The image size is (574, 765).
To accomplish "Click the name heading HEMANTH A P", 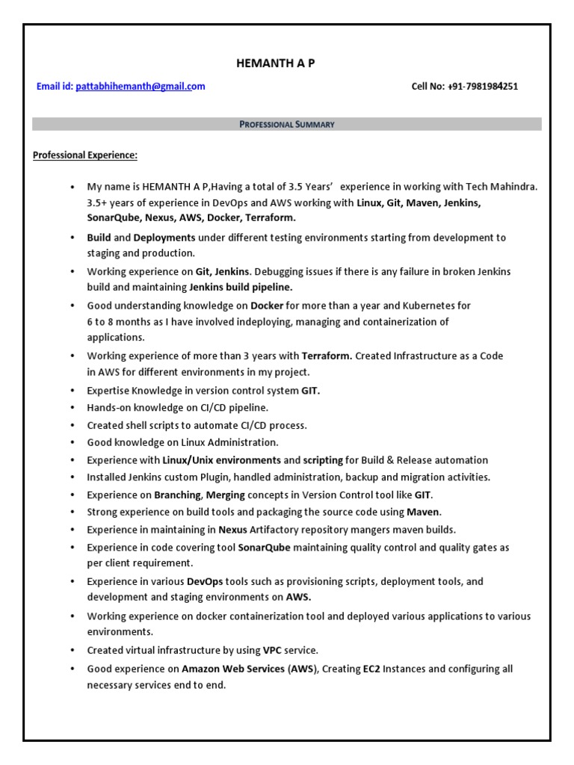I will [x=275, y=64].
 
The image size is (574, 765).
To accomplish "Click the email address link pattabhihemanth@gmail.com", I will [x=140, y=87].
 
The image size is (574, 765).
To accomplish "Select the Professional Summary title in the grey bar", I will [x=287, y=124].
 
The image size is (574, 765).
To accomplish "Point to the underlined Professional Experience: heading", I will [x=85, y=155].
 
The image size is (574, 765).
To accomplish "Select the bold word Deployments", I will [x=164, y=238].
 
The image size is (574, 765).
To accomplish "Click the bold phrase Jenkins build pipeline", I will [x=241, y=287].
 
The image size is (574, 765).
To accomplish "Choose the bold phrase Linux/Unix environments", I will [x=222, y=460].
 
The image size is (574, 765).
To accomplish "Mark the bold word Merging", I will [x=225, y=495].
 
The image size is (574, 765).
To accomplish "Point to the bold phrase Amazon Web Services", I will [x=233, y=669].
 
